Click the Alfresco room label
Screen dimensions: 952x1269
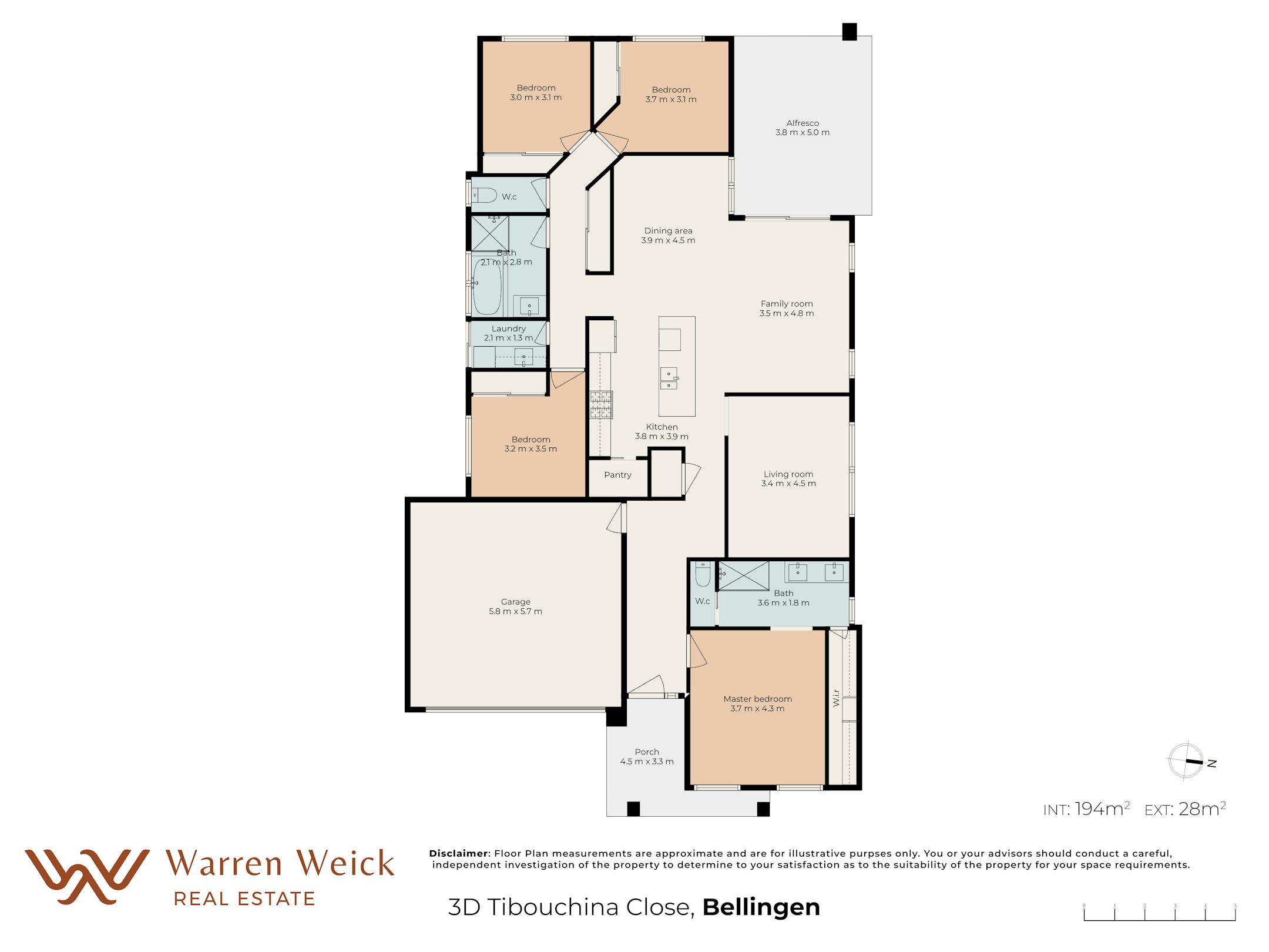pos(802,123)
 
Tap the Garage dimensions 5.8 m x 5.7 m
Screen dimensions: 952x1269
pos(515,611)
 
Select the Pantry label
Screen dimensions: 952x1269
pos(617,475)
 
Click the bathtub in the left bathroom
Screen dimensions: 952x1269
pos(487,287)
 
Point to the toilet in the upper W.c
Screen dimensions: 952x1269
pos(485,195)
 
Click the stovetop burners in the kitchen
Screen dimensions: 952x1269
pos(601,404)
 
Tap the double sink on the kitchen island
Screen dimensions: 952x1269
pos(669,378)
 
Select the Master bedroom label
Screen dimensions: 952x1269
pos(757,699)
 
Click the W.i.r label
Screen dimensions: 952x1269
pos(836,698)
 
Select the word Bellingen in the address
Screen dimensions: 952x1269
pos(761,907)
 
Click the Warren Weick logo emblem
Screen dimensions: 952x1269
pos(87,876)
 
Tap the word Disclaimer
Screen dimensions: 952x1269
pos(459,853)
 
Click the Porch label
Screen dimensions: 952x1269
pos(647,752)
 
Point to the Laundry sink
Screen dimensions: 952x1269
pos(523,356)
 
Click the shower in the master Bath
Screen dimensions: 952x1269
pos(744,576)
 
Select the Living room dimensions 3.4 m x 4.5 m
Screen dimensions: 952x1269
pos(788,484)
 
